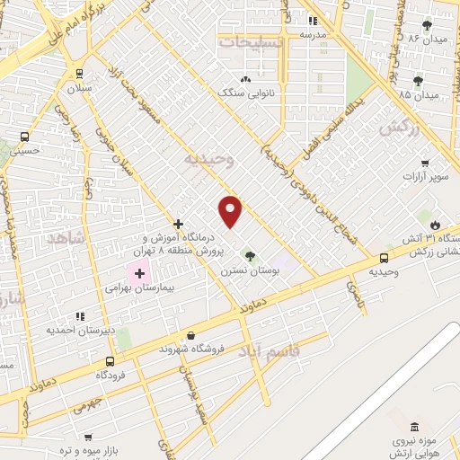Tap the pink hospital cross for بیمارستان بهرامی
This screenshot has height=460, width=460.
tap(139, 272)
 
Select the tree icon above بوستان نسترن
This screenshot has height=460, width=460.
tap(250, 256)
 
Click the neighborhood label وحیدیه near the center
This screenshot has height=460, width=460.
tap(208, 160)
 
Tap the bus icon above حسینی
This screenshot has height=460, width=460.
tap(24, 137)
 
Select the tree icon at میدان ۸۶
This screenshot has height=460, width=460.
tap(427, 25)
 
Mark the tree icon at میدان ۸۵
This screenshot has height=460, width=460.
tap(418, 81)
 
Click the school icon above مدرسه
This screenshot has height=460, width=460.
tap(313, 21)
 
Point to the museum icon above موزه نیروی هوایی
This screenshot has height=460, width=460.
tap(413, 427)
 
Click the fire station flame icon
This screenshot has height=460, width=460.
tap(437, 223)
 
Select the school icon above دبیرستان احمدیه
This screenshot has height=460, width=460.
tap(80, 316)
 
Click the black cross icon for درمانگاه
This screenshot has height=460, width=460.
tap(179, 223)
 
